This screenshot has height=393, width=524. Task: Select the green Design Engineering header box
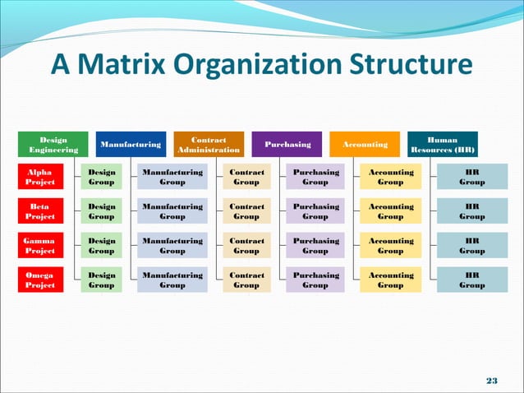click(x=53, y=145)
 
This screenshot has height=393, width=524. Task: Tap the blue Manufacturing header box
click(x=131, y=145)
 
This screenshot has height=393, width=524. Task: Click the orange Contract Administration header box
click(x=209, y=145)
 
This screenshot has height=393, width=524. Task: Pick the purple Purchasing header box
click(x=287, y=145)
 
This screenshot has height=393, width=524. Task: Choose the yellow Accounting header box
click(x=365, y=145)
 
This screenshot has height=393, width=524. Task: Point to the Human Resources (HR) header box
click(x=443, y=145)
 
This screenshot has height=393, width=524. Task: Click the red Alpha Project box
click(x=40, y=178)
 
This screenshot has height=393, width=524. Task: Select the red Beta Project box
click(x=40, y=211)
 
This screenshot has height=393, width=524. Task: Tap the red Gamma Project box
click(x=40, y=246)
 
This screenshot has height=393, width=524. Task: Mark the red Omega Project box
click(x=40, y=280)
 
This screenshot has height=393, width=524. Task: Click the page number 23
click(x=492, y=379)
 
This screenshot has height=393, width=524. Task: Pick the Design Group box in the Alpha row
click(x=102, y=178)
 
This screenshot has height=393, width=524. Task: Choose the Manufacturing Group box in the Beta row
click(x=172, y=211)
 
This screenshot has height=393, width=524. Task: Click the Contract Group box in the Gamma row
click(x=246, y=246)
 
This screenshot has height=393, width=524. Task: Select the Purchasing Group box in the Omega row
click(x=315, y=280)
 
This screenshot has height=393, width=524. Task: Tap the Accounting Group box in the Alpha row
click(x=390, y=178)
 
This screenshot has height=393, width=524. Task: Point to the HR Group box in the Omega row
click(x=471, y=280)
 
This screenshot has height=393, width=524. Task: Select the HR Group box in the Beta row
click(x=471, y=211)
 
